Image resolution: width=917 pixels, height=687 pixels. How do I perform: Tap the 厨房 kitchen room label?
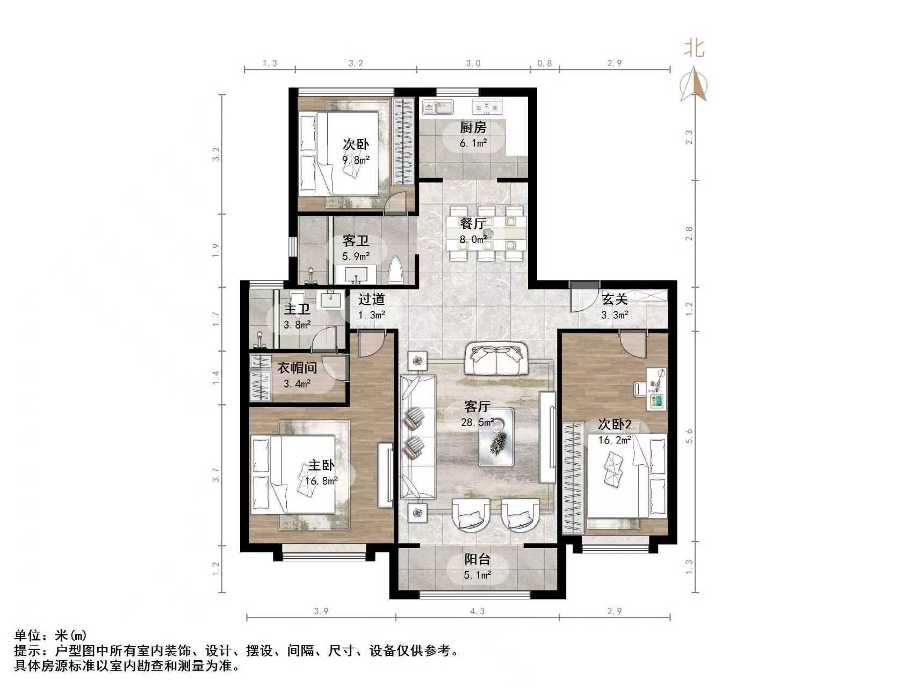[473, 128]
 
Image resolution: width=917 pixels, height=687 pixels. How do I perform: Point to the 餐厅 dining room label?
[473, 223]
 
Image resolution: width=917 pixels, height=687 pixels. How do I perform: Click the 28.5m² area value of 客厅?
[477, 422]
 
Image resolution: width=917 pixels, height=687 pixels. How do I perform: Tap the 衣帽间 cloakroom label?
[297, 368]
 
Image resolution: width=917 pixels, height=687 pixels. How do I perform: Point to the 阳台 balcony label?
[477, 560]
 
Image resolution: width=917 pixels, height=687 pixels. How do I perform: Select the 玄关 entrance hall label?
[614, 299]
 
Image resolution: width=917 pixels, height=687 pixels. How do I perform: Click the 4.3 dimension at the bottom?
[477, 611]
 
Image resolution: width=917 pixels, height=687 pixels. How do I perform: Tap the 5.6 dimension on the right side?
[690, 436]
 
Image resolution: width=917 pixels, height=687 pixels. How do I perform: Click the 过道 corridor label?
[371, 299]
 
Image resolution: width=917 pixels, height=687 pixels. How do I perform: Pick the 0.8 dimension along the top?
[544, 63]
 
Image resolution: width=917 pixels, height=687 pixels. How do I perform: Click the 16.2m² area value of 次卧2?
[615, 440]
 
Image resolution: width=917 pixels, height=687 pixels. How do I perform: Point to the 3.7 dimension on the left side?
[216, 475]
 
